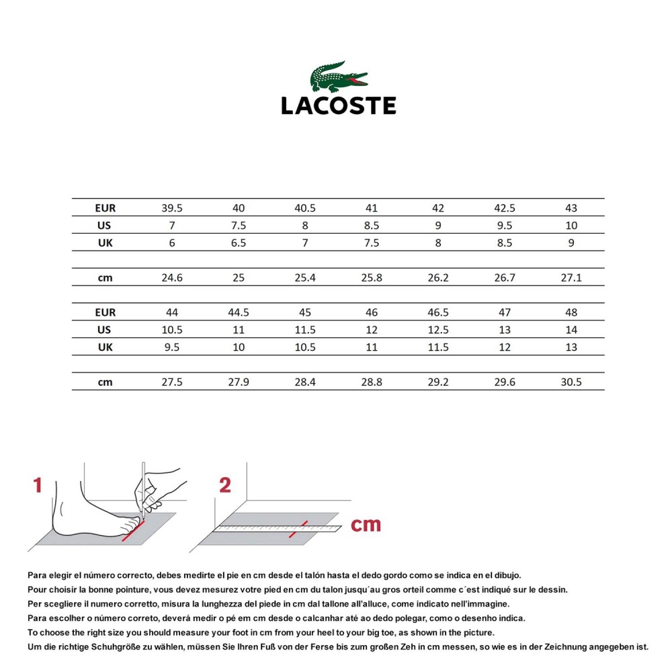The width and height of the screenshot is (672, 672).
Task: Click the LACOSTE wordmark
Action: [339, 106]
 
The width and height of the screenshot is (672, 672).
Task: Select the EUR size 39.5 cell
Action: [172, 208]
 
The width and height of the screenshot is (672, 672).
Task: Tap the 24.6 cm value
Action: [172, 278]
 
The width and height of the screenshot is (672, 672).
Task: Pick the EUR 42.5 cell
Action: [505, 208]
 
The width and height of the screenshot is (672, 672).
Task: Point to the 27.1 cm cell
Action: [571, 278]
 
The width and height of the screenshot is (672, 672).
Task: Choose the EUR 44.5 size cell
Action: [239, 312]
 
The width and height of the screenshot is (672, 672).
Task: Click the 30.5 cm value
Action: [571, 382]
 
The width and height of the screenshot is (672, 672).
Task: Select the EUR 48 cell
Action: [571, 312]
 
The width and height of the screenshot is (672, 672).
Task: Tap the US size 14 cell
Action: [571, 330]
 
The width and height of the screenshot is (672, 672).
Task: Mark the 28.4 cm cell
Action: [305, 382]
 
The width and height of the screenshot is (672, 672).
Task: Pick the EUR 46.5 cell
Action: [438, 312]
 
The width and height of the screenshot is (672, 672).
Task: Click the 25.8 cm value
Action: [372, 278]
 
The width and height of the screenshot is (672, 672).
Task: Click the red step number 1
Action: [38, 485]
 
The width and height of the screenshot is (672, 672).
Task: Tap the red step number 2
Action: [225, 485]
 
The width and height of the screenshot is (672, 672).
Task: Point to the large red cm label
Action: [366, 525]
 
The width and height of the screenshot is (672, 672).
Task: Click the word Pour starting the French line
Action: [38, 589]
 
